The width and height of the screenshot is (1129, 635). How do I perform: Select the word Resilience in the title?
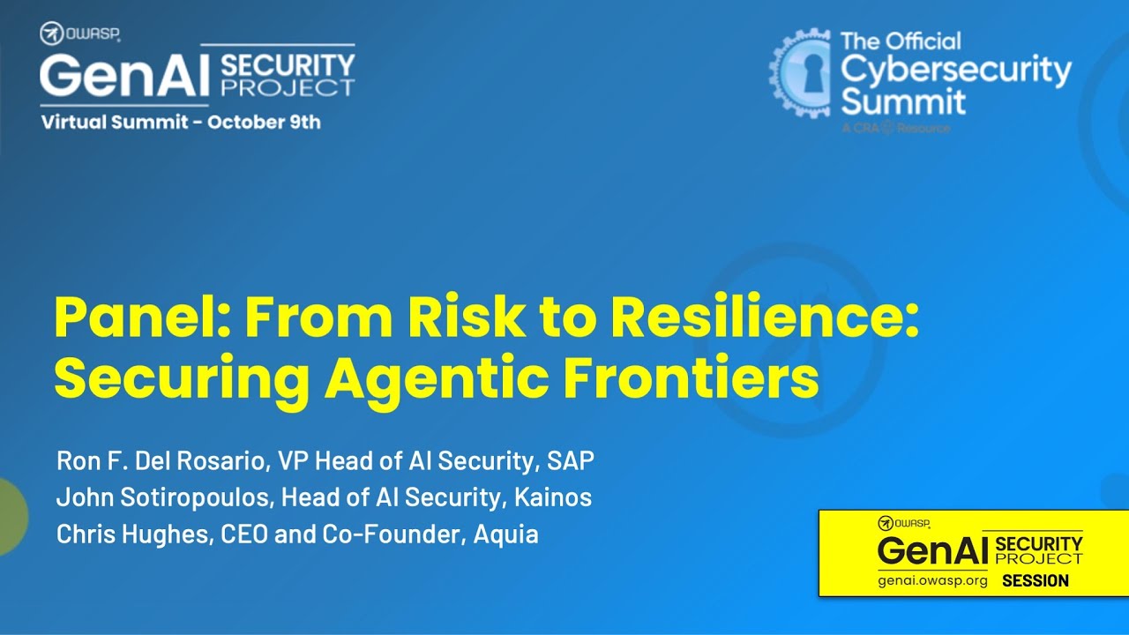pyautogui.click(x=765, y=318)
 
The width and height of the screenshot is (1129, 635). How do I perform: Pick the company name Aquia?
pyautogui.click(x=506, y=534)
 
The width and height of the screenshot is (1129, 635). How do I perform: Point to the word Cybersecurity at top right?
pyautogui.click(x=955, y=69)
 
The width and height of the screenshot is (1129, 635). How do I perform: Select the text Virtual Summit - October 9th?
pyautogui.click(x=182, y=123)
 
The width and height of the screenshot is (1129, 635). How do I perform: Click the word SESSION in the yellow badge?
pyautogui.click(x=1035, y=580)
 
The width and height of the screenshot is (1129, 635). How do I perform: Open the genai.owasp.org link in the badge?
pyautogui.click(x=932, y=581)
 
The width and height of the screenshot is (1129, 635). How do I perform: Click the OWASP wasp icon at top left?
pyautogui.click(x=50, y=34)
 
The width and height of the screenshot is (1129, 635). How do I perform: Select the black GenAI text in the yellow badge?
pyautogui.click(x=931, y=551)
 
